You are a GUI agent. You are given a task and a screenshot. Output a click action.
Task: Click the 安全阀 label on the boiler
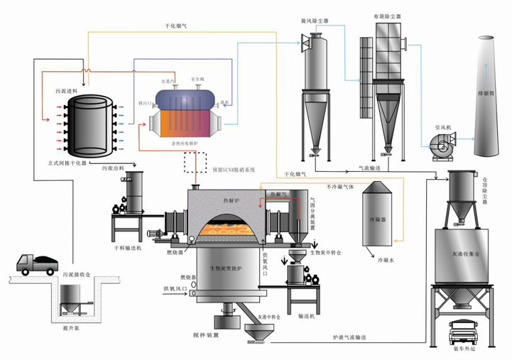click(198, 79)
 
